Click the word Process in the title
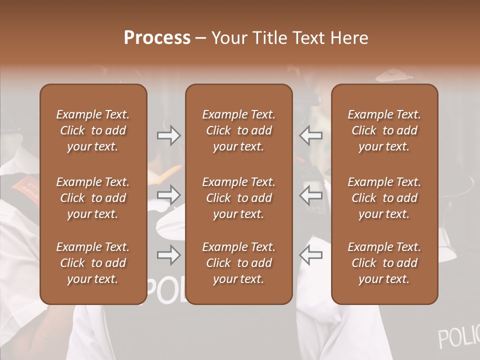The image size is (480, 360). (157, 38)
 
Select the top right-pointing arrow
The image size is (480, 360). (169, 135)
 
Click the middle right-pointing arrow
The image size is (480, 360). (169, 194)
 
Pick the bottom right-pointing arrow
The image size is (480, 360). (169, 255)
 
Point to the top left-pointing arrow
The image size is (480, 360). (310, 135)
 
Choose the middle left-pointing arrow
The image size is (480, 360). (310, 194)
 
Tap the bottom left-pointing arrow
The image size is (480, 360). (310, 255)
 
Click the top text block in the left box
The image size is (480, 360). (93, 130)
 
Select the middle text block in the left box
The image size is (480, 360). (93, 198)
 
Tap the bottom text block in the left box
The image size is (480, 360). (93, 263)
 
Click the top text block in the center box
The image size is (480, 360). (238, 130)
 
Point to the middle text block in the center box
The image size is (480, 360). (238, 198)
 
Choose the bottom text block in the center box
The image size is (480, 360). (238, 263)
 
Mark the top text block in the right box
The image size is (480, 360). (384, 130)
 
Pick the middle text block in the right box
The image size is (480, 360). (384, 198)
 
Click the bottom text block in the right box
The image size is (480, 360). (384, 263)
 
